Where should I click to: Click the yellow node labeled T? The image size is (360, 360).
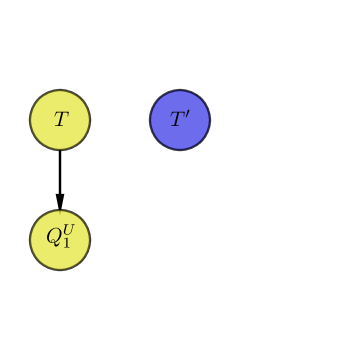pyautogui.click(x=60, y=120)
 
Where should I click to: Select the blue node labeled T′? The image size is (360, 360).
pyautogui.click(x=180, y=120)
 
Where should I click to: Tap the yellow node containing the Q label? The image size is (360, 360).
pyautogui.click(x=60, y=240)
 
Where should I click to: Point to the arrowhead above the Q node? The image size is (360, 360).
pyautogui.click(x=60, y=202)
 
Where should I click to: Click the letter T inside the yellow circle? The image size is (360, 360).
pyautogui.click(x=60, y=120)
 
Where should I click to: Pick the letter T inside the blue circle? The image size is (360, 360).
pyautogui.click(x=177, y=120)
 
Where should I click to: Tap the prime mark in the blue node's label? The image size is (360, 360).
pyautogui.click(x=187, y=115)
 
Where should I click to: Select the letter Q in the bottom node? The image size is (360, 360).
pyautogui.click(x=53, y=238)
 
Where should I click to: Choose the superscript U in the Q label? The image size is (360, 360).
pyautogui.click(x=68, y=233)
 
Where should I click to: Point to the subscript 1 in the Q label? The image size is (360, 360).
pyautogui.click(x=66, y=245)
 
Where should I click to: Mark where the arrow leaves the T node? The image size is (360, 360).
pyautogui.click(x=60, y=150)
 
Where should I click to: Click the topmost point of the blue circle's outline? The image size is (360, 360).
pyautogui.click(x=180, y=90)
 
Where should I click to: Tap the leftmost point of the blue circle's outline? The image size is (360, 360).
pyautogui.click(x=150, y=120)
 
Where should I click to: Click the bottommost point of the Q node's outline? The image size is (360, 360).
pyautogui.click(x=60, y=270)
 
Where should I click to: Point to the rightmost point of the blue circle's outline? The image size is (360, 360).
pyautogui.click(x=210, y=120)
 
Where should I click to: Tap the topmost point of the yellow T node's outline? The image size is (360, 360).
pyautogui.click(x=60, y=90)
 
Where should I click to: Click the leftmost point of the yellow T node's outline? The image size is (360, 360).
pyautogui.click(x=30, y=120)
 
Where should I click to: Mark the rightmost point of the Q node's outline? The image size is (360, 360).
pyautogui.click(x=90, y=240)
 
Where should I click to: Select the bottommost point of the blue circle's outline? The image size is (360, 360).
pyautogui.click(x=180, y=150)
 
